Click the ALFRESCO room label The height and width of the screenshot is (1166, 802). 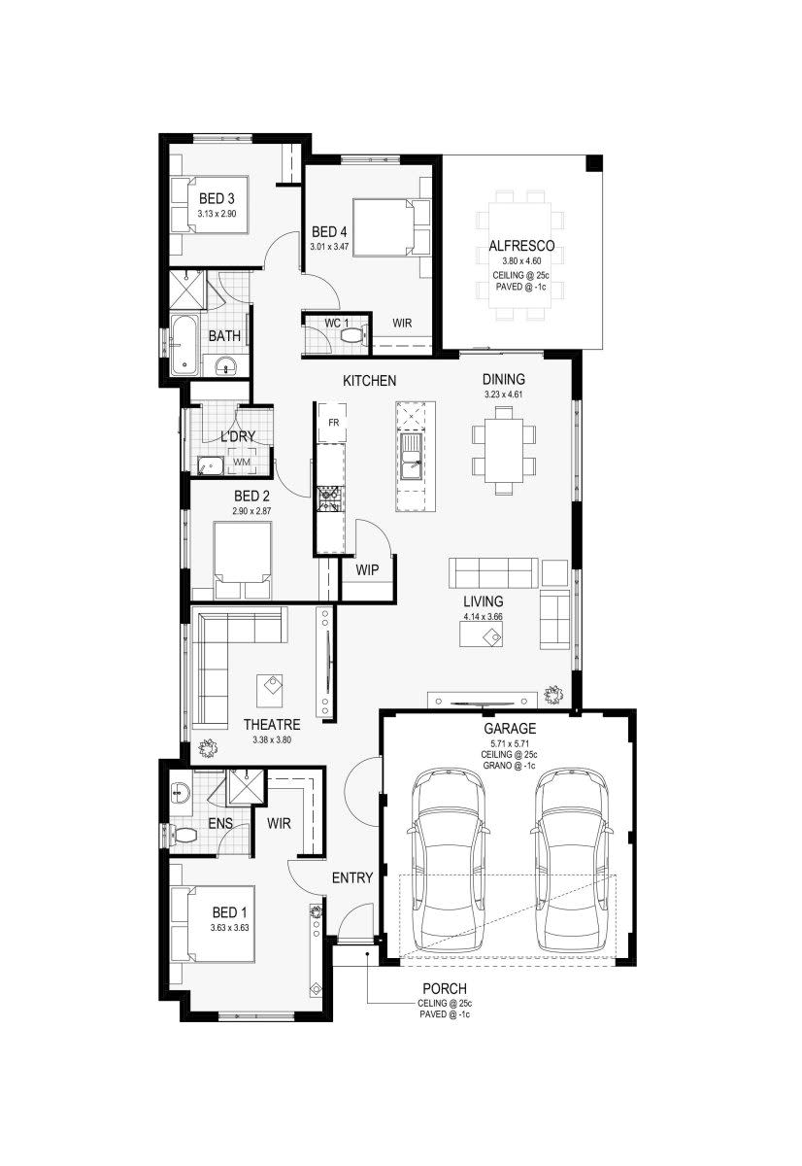tap(528, 246)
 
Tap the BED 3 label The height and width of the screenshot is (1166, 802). tap(217, 199)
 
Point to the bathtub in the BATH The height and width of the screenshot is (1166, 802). tap(184, 345)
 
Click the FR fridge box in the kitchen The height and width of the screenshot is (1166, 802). tap(333, 423)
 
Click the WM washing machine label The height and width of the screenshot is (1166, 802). tap(241, 463)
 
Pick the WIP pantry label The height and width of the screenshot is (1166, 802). tap(367, 569)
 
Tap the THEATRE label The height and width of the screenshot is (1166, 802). tap(271, 724)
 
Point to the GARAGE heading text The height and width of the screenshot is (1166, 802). tap(510, 728)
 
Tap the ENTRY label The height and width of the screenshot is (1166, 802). tap(351, 877)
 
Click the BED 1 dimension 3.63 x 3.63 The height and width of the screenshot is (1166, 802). tap(230, 928)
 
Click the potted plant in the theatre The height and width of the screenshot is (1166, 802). tap(207, 748)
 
